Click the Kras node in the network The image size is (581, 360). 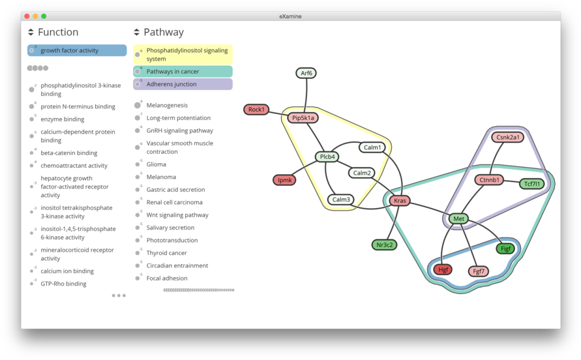coord(400,201)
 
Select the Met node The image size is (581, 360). coord(458,218)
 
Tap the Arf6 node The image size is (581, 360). coord(306,73)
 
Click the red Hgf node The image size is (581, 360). coord(443,269)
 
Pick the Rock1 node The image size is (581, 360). coord(256,110)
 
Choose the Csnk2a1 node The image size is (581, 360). coord(508,137)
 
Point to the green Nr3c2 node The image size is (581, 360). coord(384,245)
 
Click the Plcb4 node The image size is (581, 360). coord(327,157)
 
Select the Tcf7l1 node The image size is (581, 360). coord(531,184)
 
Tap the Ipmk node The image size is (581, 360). coord(284,180)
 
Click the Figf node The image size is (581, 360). coord(505,248)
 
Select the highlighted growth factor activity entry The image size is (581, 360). coord(77,50)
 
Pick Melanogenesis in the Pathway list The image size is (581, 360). coord(167,105)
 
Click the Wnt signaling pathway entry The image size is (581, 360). coord(177,215)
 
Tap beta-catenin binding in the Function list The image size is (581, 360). coord(68,153)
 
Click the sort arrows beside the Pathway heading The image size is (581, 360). coord(136,32)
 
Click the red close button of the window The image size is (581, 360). coord(27,16)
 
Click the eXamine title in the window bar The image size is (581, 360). coord(290,16)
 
